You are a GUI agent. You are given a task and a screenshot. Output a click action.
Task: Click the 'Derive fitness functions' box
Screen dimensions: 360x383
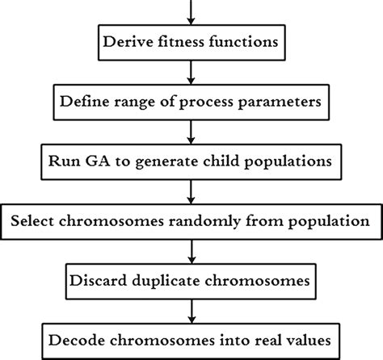[x=191, y=38]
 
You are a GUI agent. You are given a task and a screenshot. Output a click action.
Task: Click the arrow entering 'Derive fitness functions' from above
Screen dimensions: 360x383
[x=191, y=10]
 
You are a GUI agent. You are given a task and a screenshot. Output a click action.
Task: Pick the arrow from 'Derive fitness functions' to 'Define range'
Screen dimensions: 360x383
[x=191, y=71]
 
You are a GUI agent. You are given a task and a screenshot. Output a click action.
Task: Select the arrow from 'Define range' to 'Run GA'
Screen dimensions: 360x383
[x=191, y=131]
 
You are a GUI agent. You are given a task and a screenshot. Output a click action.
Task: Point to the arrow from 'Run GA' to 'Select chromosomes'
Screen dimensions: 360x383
[x=191, y=190]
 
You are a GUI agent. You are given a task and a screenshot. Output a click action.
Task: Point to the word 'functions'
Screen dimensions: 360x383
[x=242, y=38]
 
